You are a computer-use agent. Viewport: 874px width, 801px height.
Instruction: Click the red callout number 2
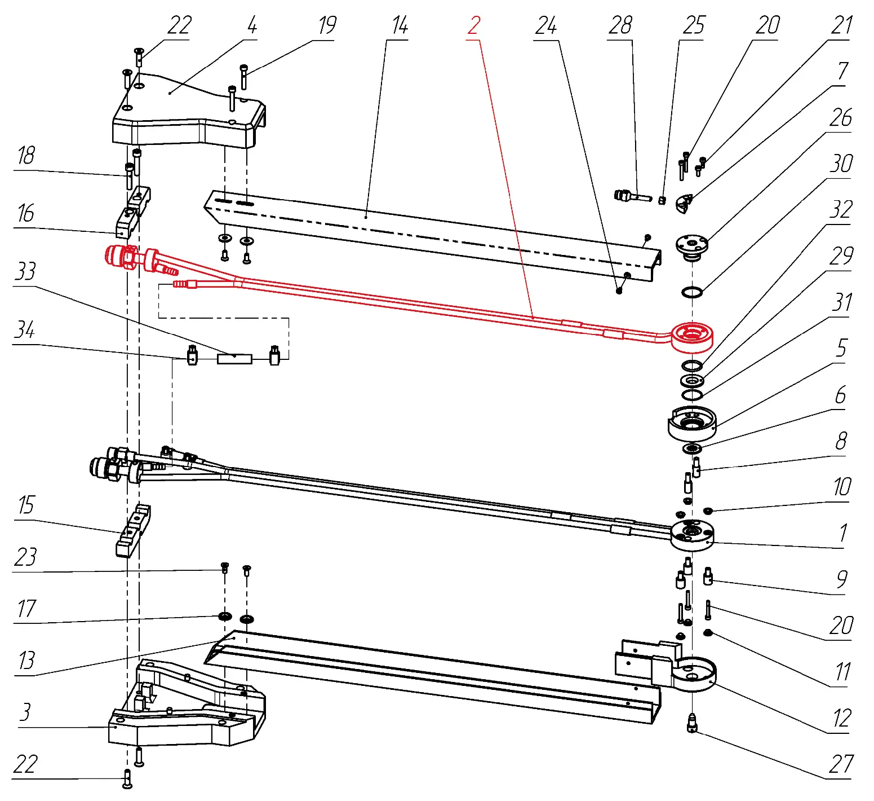point(474,26)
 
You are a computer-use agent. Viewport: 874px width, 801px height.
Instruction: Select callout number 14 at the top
point(400,26)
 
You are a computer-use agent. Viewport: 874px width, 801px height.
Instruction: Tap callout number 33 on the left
point(25,272)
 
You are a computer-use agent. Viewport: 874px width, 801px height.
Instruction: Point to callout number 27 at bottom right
point(840,765)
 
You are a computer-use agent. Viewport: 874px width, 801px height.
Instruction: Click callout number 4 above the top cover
point(252,26)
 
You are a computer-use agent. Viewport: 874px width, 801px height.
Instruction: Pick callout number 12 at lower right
point(841,719)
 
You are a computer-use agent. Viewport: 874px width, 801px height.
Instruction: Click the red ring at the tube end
point(693,336)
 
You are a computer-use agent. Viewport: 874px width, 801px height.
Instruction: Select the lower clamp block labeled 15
point(133,530)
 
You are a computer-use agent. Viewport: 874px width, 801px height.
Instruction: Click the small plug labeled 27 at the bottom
point(692,723)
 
